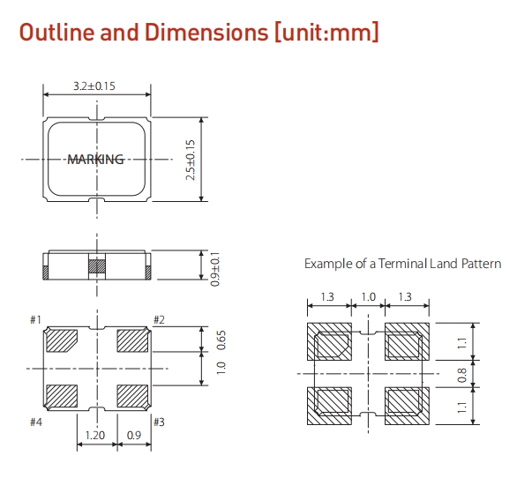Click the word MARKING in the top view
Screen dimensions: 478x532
pos(95,160)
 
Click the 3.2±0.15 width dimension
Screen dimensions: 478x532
pos(95,87)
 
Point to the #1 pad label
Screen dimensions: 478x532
pos(36,319)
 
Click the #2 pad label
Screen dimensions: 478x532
pos(159,319)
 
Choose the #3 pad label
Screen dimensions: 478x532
pos(159,422)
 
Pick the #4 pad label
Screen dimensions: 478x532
pos(36,422)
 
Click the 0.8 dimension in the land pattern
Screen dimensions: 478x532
pos(487,373)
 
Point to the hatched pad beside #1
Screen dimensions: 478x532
pos(62,340)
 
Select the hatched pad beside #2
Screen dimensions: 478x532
pos(132,340)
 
